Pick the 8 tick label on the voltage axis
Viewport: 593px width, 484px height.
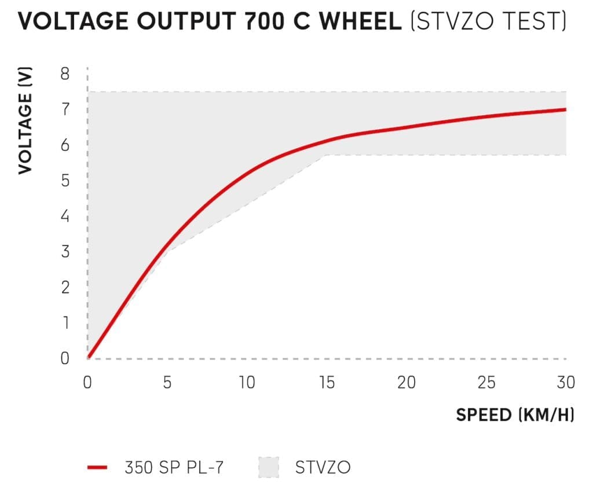64,74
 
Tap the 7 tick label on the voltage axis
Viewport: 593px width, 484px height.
64,109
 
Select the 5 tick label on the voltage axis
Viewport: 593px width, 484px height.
64,181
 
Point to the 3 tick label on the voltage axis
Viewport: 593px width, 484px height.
64,252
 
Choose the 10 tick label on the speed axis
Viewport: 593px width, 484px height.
247,383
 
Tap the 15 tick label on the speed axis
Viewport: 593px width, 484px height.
327,383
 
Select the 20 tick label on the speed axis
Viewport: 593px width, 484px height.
406,383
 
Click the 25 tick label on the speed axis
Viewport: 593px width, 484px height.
486,383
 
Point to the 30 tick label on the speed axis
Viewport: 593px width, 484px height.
565,383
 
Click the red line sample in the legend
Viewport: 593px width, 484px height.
99,467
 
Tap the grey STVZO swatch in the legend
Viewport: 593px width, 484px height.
268,467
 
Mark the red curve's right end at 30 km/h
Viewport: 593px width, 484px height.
565,109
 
